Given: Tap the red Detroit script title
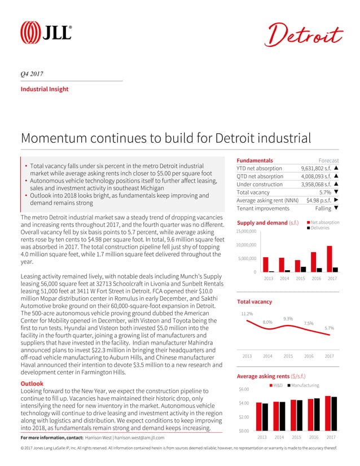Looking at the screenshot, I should pyautogui.click(x=304, y=35).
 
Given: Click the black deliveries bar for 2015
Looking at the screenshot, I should pyautogui.click(x=303, y=269).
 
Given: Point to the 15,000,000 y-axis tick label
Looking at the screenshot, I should pyautogui.click(x=246, y=231).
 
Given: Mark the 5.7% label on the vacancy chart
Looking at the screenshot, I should pyautogui.click(x=330, y=328).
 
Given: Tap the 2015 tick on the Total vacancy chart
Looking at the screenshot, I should pyautogui.click(x=288, y=357).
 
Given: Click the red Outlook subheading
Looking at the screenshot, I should pyautogui.click(x=32, y=383).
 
